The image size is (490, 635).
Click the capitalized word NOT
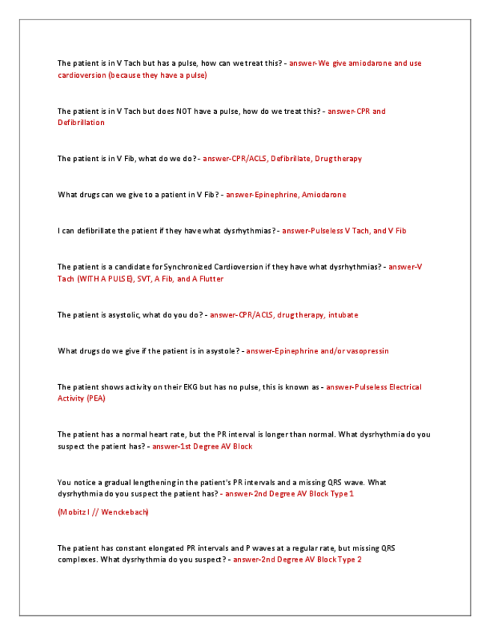184,112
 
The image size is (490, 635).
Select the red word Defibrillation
82,123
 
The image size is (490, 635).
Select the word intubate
343,315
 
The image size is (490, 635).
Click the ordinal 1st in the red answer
189,447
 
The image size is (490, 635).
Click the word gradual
117,483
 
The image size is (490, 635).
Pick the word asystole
215,351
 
